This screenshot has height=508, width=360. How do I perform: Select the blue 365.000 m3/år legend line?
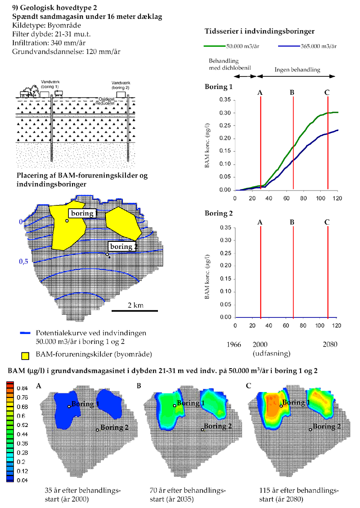click(289, 46)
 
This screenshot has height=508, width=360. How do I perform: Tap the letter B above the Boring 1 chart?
click(292, 93)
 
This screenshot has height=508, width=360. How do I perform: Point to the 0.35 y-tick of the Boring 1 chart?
click(224, 100)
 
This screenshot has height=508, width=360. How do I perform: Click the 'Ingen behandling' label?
click(297, 70)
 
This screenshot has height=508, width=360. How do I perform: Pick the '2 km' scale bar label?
click(135, 305)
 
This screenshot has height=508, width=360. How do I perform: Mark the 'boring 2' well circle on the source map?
click(107, 254)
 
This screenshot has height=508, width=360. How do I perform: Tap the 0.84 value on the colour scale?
click(22, 388)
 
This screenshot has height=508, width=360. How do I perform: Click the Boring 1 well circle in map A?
click(69, 406)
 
